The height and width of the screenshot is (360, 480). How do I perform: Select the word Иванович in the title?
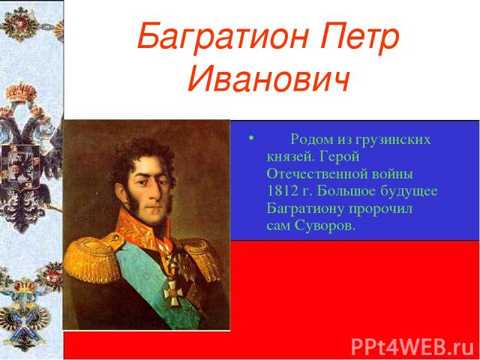pos(268,77)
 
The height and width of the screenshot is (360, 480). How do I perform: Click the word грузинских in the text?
pos(393,140)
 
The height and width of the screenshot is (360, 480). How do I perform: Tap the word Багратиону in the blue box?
pos(305,209)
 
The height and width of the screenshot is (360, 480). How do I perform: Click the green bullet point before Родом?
pos(251,138)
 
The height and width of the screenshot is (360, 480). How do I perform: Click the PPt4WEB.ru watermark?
pos(412,347)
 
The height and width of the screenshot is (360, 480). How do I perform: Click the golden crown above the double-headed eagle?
pos(21,92)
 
